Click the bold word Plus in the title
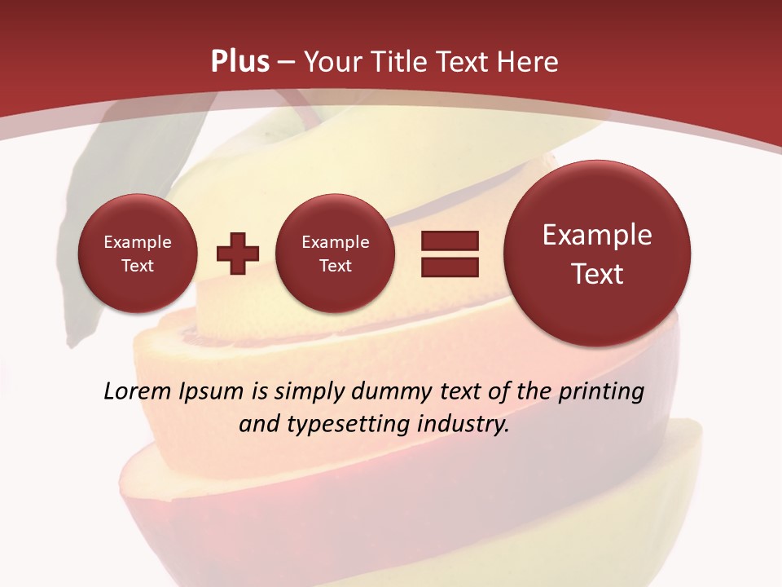point(239,62)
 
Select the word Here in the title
point(530,62)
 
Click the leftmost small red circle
point(137,254)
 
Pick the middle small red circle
point(335,254)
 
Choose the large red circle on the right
point(597,254)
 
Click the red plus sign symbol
point(238,254)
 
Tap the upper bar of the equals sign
point(450,241)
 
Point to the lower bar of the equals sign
point(450,267)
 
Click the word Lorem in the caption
point(138,391)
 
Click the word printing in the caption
point(600,392)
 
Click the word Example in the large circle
point(597,235)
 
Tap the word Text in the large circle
point(597,274)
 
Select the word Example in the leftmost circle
point(137,242)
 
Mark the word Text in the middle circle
point(335,266)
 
